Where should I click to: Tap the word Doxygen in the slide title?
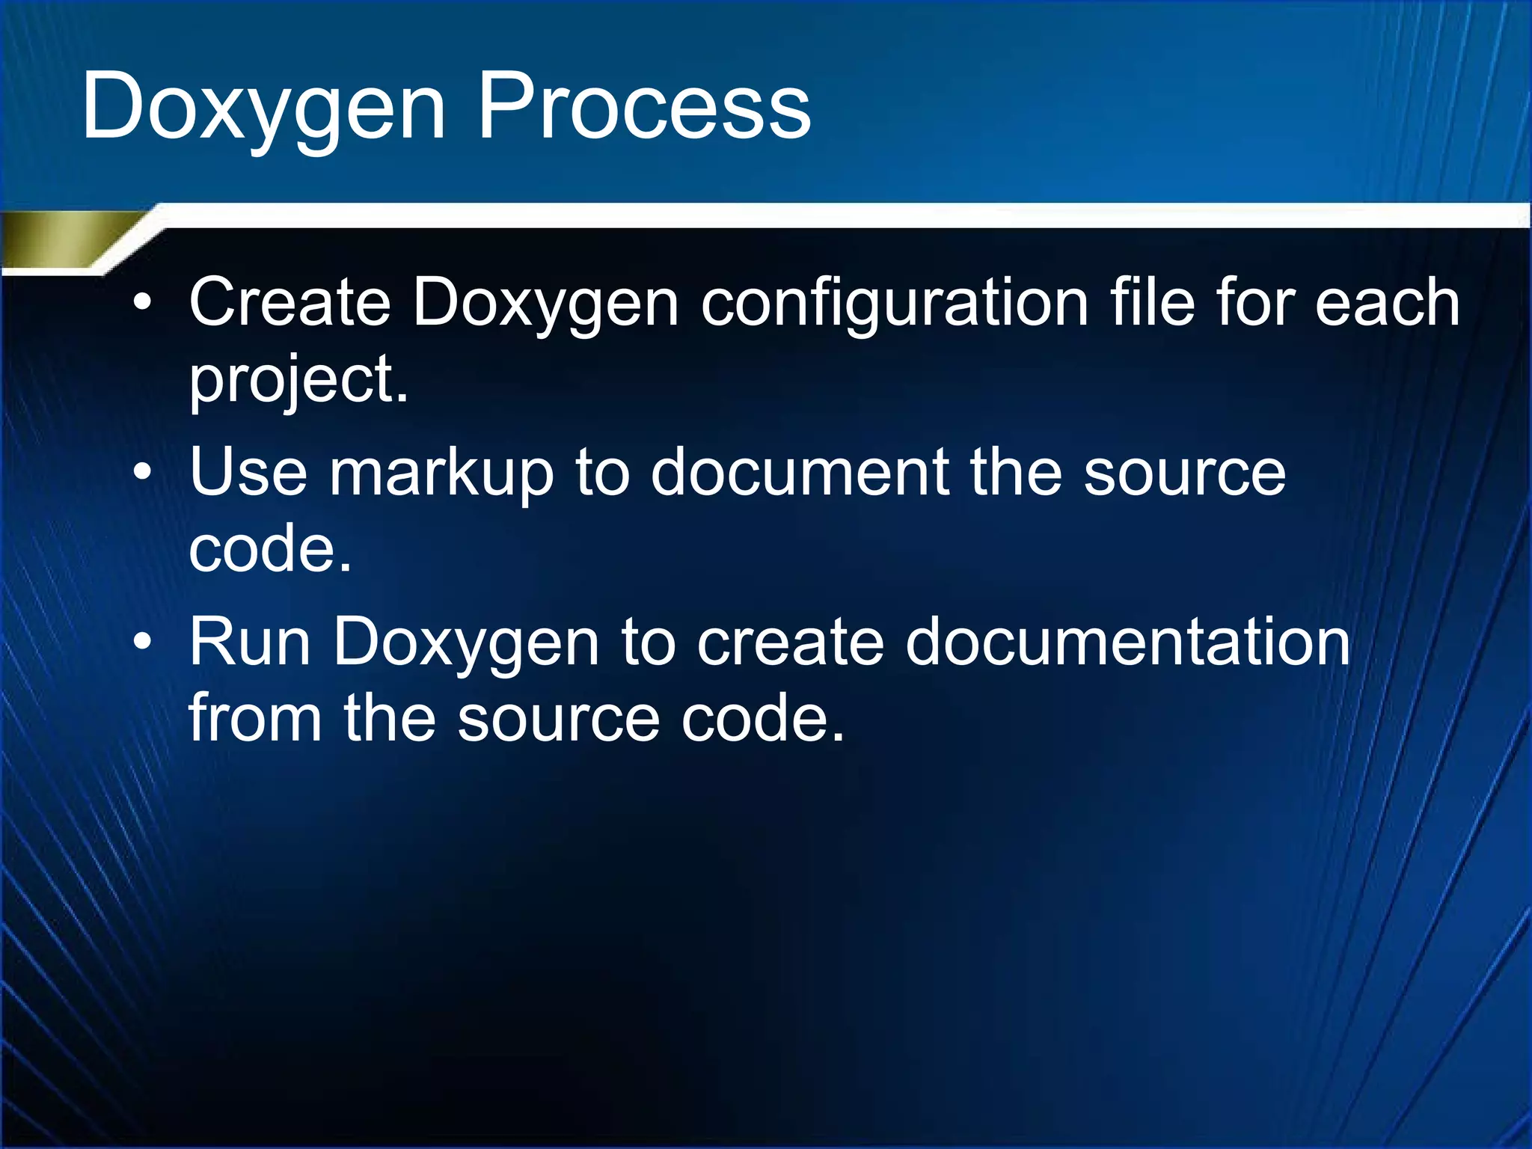tap(264, 107)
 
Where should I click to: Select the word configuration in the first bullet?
tap(894, 303)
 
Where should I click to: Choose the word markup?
tap(441, 474)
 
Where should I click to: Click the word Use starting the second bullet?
tap(248, 474)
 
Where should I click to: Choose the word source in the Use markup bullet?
tap(1184, 474)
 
